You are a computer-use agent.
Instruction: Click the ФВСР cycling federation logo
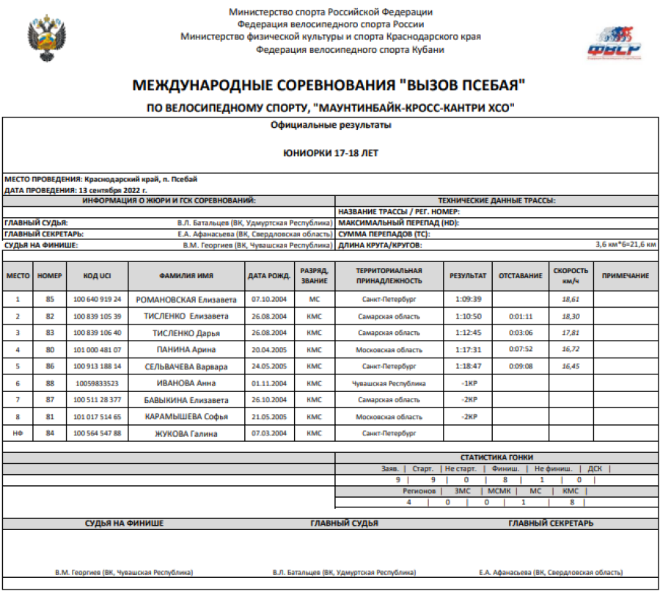pyautogui.click(x=613, y=41)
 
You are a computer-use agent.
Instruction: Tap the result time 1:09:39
pyautogui.click(x=468, y=300)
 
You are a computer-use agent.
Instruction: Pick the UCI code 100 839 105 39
pyautogui.click(x=98, y=316)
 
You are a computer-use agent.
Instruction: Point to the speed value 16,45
pyautogui.click(x=571, y=366)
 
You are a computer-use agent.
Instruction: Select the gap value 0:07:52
pyautogui.click(x=520, y=349)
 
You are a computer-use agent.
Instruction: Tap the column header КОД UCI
pyautogui.click(x=97, y=276)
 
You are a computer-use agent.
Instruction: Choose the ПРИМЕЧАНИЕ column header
pyautogui.click(x=625, y=276)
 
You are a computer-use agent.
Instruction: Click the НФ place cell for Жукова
pyautogui.click(x=18, y=433)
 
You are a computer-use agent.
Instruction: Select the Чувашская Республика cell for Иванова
pyautogui.click(x=389, y=383)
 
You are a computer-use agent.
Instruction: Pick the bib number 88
pyautogui.click(x=50, y=383)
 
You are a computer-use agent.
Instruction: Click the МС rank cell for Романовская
pyautogui.click(x=314, y=300)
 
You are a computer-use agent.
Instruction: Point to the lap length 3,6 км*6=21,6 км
pyautogui.click(x=626, y=244)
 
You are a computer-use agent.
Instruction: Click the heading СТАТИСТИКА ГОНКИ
pyautogui.click(x=496, y=457)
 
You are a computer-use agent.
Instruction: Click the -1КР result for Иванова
pyautogui.click(x=468, y=383)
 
